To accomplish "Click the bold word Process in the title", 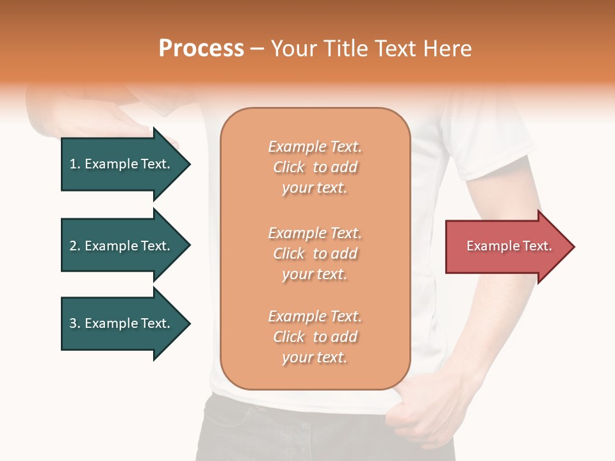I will click(201, 49).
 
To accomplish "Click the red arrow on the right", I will click(506, 247).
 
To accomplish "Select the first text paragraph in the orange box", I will click(315, 167).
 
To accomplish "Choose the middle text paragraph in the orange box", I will click(315, 254).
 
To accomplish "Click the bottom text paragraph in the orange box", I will click(315, 337).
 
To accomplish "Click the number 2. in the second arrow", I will click(75, 246).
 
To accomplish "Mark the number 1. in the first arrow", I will click(75, 164).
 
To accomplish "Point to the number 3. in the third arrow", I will click(75, 323).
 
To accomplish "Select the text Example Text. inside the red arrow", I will click(509, 246).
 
